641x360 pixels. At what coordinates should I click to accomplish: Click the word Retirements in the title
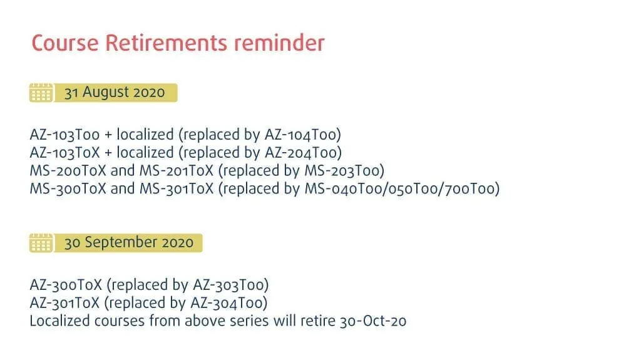[166, 43]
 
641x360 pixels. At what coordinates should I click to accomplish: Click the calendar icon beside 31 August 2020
[41, 93]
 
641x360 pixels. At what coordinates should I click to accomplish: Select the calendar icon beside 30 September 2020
[41, 242]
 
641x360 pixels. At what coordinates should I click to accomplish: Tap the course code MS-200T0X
[68, 170]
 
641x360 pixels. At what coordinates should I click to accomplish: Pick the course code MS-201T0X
[177, 170]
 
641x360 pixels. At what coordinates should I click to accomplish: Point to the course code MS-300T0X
[68, 188]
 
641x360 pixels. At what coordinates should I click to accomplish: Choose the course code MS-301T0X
[177, 188]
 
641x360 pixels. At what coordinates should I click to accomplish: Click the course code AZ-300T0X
[66, 285]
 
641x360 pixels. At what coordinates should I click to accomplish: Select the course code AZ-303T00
[229, 285]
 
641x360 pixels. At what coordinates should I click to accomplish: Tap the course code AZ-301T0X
[64, 303]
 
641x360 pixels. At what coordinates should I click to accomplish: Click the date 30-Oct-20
[373, 321]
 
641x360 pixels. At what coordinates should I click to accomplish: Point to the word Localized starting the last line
[59, 321]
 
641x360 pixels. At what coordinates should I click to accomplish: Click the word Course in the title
[65, 43]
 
